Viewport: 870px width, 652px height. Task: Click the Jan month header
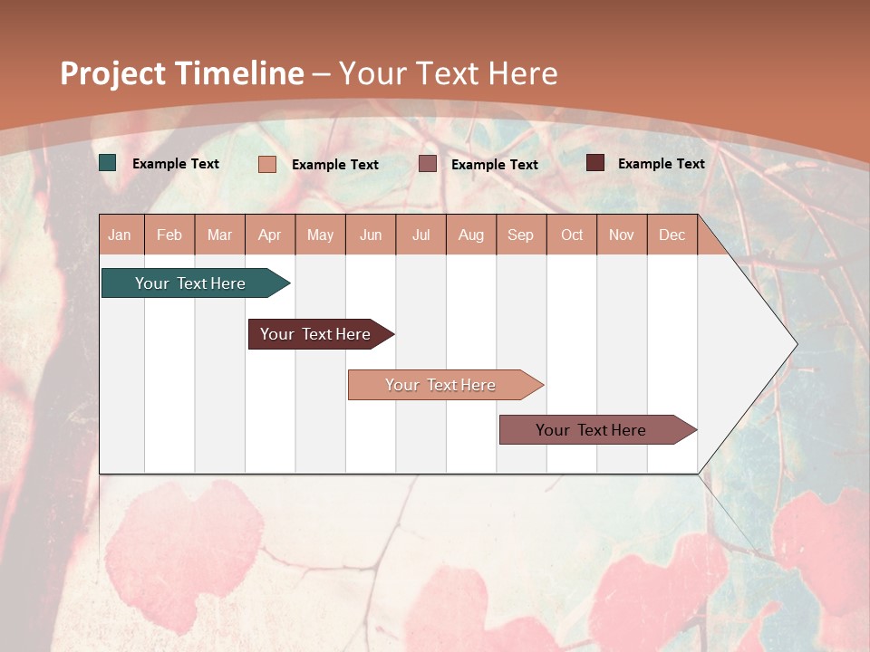[x=120, y=235]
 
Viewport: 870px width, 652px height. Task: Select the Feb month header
[x=169, y=235]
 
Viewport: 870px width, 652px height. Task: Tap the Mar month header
[x=219, y=235]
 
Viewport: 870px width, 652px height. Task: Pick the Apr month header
[x=270, y=235]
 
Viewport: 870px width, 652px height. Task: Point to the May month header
[x=320, y=235]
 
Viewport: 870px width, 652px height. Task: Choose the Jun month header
[x=371, y=235]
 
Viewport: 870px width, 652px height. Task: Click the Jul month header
[x=420, y=235]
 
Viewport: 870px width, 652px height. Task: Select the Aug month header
[x=471, y=235]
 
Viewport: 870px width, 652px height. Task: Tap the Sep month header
[x=521, y=235]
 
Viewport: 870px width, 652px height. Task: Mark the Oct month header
[x=572, y=235]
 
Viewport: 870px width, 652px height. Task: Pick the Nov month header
[x=622, y=235]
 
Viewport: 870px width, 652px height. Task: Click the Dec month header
[x=672, y=235]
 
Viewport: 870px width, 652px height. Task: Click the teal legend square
[x=108, y=163]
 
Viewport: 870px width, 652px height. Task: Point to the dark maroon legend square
[x=594, y=163]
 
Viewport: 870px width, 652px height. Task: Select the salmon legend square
[x=266, y=164]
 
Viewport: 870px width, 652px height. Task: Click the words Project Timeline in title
[x=182, y=73]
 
